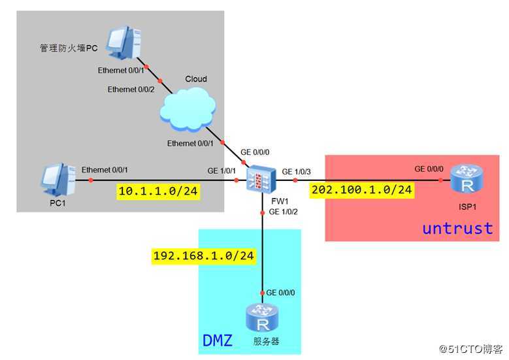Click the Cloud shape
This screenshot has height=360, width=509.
(188, 106)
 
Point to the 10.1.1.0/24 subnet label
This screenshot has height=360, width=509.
(157, 191)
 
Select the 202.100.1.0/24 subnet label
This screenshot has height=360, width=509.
(362, 190)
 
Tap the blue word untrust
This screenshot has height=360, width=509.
(457, 228)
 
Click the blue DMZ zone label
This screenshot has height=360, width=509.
(217, 340)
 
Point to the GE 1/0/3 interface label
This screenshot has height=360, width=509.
(297, 171)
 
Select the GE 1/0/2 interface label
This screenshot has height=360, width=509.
(283, 212)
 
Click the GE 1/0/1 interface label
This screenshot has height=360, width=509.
(222, 171)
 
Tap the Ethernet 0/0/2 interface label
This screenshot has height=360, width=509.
(131, 90)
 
